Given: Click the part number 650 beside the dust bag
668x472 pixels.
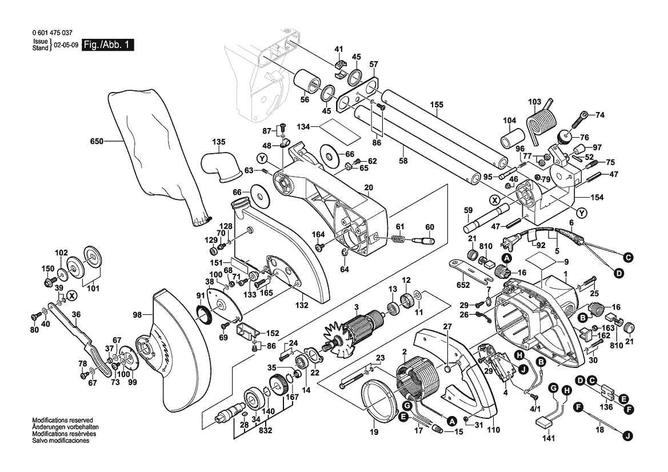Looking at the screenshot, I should click(97, 141).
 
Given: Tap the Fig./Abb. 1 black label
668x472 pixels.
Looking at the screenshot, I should click(107, 45).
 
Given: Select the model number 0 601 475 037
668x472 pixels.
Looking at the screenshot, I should click(53, 34).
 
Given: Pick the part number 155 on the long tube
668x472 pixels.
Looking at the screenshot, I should click(437, 105).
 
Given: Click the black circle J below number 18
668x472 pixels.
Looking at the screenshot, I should click(627, 437).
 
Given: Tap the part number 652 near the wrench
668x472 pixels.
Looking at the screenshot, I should click(463, 284).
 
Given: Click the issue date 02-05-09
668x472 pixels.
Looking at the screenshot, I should click(65, 45).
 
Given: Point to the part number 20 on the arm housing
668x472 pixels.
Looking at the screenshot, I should click(368, 187).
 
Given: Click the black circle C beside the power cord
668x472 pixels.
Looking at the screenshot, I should click(628, 258).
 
